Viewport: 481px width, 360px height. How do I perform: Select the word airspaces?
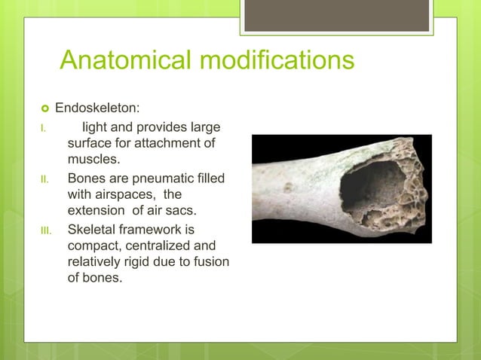coord(126,194)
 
